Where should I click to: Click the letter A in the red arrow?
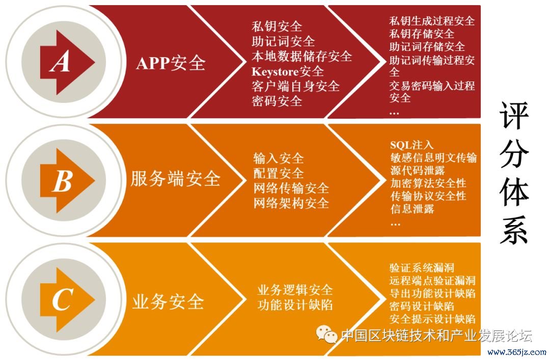(x=61, y=63)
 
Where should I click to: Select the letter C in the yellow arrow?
(x=61, y=300)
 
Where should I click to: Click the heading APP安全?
(x=171, y=63)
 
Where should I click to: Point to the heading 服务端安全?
(x=175, y=179)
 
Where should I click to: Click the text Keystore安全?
(x=287, y=71)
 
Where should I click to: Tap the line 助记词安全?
(x=283, y=41)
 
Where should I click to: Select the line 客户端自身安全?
(x=295, y=86)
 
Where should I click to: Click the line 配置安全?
(x=278, y=173)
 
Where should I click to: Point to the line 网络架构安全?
(x=291, y=203)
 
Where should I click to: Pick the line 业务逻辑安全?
(x=295, y=290)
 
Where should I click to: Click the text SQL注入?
(x=411, y=145)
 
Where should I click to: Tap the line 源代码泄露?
(x=415, y=170)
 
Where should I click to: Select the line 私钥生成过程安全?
(x=432, y=21)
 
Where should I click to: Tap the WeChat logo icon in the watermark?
(x=326, y=334)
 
